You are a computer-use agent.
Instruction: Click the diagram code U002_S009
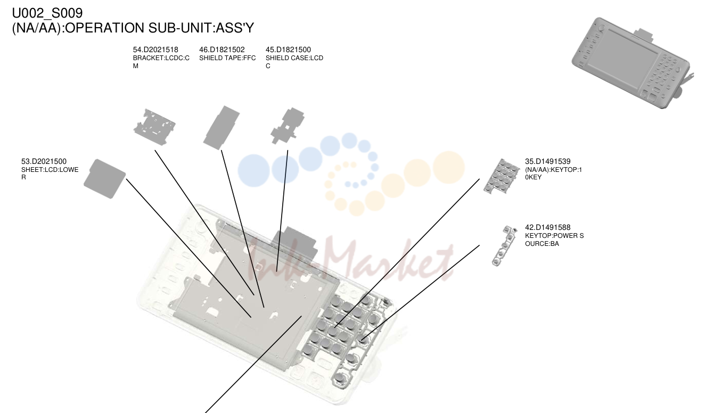pyautogui.click(x=47, y=13)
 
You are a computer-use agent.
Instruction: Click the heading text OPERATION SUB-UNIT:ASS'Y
pyautogui.click(x=159, y=28)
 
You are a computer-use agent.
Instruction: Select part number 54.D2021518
pyautogui.click(x=155, y=49)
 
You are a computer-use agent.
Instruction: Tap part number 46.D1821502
pyautogui.click(x=222, y=49)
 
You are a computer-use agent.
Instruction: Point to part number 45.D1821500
pyautogui.click(x=288, y=49)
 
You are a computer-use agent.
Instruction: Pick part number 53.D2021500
pyautogui.click(x=44, y=161)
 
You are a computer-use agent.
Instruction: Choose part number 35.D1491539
pyautogui.click(x=547, y=161)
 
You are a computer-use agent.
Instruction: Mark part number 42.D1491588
pyautogui.click(x=547, y=227)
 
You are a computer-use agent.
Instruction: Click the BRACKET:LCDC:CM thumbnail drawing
pyautogui.click(x=154, y=127)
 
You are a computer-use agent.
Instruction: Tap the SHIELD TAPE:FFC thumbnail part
pyautogui.click(x=222, y=128)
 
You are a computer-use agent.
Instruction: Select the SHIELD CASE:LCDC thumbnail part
pyautogui.click(x=288, y=126)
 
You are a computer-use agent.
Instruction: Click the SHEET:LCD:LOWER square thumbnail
pyautogui.click(x=104, y=179)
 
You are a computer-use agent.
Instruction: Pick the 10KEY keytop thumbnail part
pyautogui.click(x=501, y=176)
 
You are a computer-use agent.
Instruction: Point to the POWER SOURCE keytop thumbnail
pyautogui.click(x=504, y=246)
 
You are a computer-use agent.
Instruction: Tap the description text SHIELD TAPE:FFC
pyautogui.click(x=227, y=58)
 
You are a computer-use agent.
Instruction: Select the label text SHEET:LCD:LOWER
pyautogui.click(x=50, y=174)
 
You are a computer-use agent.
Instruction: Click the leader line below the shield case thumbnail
pyautogui.click(x=282, y=211)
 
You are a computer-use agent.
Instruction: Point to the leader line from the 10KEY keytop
pyautogui.click(x=407, y=253)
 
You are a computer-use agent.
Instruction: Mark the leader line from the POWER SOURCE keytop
pyautogui.click(x=421, y=293)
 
